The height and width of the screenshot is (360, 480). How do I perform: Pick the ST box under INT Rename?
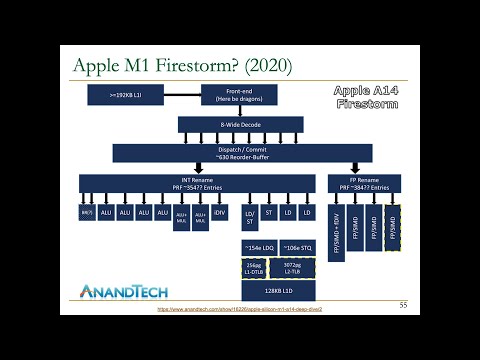[269, 213]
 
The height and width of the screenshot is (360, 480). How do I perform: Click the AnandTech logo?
[124, 292]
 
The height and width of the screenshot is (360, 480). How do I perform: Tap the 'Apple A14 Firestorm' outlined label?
[366, 96]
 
